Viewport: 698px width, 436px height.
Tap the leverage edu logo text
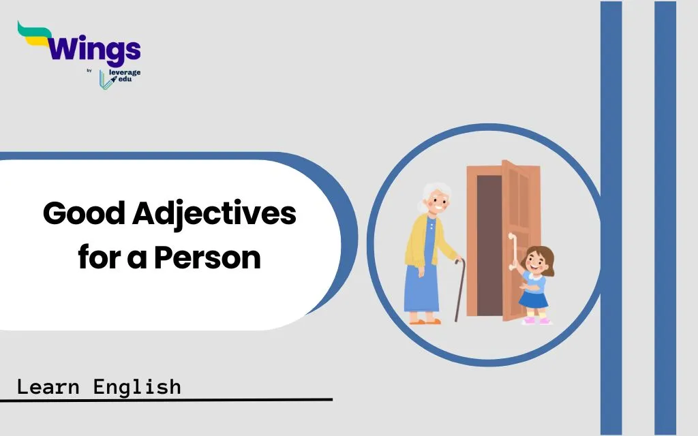tap(125, 76)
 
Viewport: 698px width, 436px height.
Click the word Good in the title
tap(84, 213)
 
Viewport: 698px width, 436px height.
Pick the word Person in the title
tap(207, 258)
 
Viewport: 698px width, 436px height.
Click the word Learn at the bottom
tap(48, 387)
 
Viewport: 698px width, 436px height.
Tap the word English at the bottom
tap(137, 388)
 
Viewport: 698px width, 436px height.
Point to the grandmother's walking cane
tap(459, 289)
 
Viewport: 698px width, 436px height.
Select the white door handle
tap(511, 251)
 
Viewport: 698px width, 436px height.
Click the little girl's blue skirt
tap(533, 298)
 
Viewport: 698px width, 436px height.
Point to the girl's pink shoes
tap(536, 320)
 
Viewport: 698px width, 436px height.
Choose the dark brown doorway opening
tap(489, 245)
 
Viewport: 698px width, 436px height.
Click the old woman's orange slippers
tap(425, 322)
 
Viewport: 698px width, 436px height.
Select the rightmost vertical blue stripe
tap(665, 218)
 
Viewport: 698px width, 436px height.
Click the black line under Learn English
tap(166, 400)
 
